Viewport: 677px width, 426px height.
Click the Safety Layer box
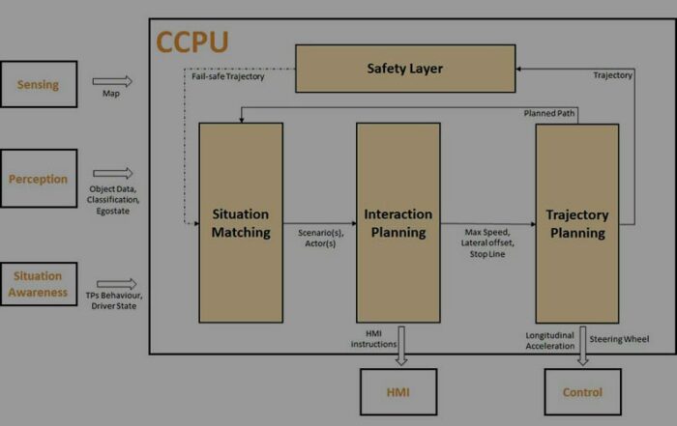coord(405,69)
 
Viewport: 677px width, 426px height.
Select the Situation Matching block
coord(241,223)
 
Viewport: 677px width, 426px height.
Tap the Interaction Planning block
coord(398,223)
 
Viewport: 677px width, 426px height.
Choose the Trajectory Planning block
coord(577,223)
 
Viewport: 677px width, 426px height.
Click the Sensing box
coord(39,84)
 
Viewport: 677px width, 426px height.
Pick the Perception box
coord(39,179)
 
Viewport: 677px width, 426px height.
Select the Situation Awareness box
coord(39,284)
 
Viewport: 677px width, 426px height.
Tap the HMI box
coord(398,392)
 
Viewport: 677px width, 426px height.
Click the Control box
coord(583,392)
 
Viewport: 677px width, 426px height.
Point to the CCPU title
coord(192,43)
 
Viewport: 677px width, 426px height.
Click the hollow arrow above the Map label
coord(112,81)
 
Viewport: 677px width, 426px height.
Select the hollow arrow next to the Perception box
coord(113,173)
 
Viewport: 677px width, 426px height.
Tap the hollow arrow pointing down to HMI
coord(401,346)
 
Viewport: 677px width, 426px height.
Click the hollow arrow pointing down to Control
coord(583,346)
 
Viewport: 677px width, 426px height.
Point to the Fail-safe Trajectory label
coord(228,76)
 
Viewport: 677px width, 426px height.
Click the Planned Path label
coord(549,113)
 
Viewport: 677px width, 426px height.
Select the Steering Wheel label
coord(619,339)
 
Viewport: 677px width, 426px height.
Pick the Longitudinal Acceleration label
coord(550,341)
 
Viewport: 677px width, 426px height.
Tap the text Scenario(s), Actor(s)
coord(321,238)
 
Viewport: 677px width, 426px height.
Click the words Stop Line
coord(487,254)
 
